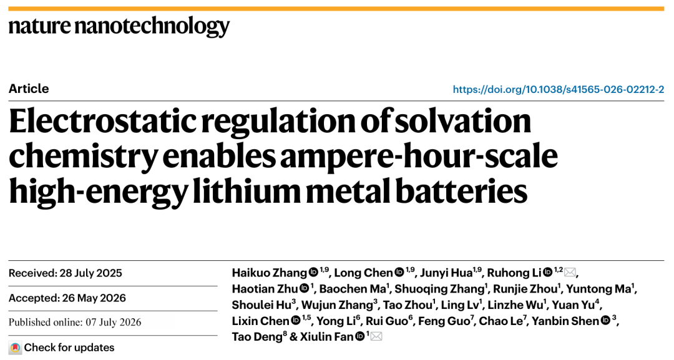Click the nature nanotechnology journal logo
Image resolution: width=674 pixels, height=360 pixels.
(119, 27)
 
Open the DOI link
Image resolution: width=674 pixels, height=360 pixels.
(559, 89)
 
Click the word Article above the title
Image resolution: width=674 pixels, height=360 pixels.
(29, 89)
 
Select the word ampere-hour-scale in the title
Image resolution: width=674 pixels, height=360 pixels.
(419, 157)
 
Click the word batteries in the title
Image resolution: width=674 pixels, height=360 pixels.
(461, 191)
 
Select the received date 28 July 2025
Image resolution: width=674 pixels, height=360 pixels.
(90, 273)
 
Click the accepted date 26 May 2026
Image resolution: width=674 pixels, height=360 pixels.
(94, 298)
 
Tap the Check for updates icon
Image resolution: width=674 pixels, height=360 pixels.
(16, 348)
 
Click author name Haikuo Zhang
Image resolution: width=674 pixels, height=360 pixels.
(269, 273)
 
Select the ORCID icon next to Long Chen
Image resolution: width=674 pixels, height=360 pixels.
(399, 272)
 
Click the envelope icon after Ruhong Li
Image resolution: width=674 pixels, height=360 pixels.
(570, 273)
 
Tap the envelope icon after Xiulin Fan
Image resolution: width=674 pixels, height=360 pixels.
(376, 336)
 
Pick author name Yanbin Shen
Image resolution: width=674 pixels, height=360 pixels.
(565, 321)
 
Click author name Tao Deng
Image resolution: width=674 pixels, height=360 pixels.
(256, 337)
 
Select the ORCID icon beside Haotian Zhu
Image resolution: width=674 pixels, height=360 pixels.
(305, 288)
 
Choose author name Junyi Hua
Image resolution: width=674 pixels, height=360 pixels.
(446, 273)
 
